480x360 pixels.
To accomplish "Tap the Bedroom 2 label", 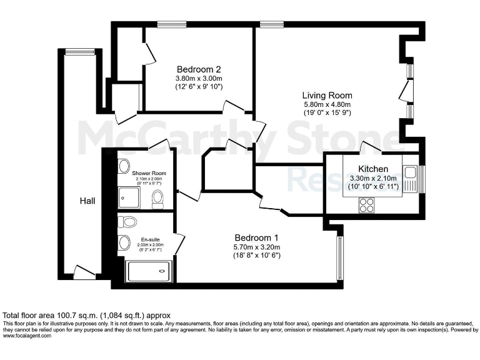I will click(199, 69).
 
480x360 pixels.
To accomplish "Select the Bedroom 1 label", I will click(256, 237).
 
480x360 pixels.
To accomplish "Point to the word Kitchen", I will click(373, 169).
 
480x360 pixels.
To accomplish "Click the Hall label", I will click(86, 200).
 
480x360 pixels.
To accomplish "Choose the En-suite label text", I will click(148, 239).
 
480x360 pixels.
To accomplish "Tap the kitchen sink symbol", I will click(410, 172).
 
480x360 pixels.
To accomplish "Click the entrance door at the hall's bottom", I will click(84, 272).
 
